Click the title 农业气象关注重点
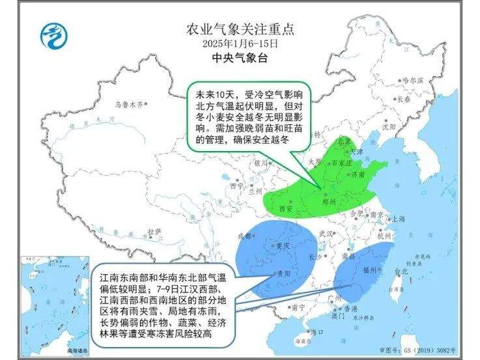[240, 29]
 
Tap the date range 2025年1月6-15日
[240, 44]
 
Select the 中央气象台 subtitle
[240, 58]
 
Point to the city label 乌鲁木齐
[128, 104]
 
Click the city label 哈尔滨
[412, 80]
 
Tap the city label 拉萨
[153, 231]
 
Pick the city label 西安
[285, 208]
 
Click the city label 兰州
[254, 191]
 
